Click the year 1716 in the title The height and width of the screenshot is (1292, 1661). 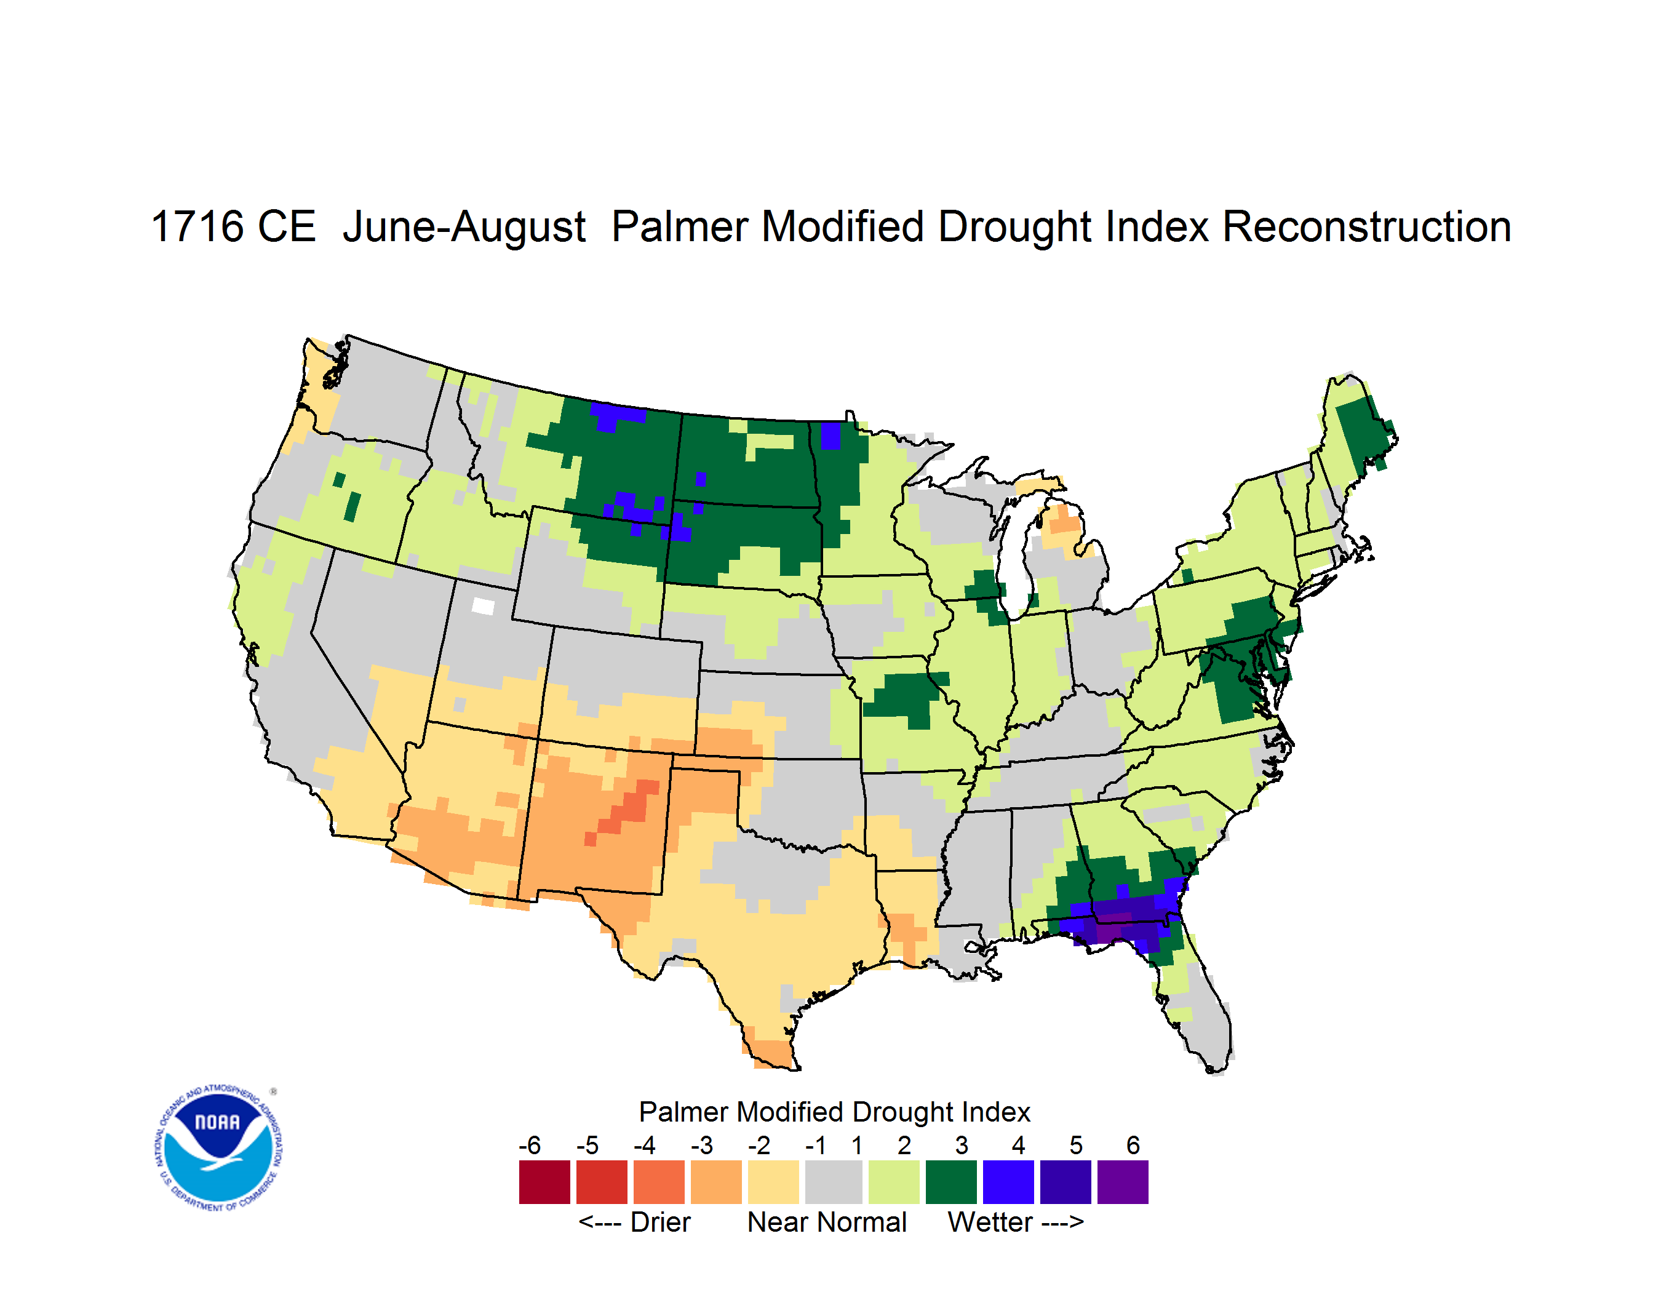click(197, 226)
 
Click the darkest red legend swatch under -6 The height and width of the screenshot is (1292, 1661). click(544, 1182)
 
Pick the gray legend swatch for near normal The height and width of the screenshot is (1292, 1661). click(834, 1182)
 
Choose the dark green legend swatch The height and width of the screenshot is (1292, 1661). click(950, 1182)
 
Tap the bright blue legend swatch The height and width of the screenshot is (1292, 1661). click(1008, 1182)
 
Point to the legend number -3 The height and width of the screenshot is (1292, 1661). click(702, 1145)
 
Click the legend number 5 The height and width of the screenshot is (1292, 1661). click(1076, 1145)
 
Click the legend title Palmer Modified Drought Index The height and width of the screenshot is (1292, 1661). click(834, 1112)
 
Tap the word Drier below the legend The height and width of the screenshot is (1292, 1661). click(660, 1222)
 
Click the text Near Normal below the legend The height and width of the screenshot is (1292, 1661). click(827, 1222)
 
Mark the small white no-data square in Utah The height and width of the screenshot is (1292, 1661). click(483, 606)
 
